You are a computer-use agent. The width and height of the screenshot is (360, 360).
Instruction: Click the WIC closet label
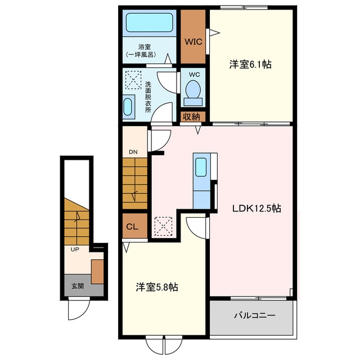pyautogui.click(x=193, y=42)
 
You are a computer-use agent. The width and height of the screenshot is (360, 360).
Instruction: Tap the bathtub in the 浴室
pyautogui.click(x=149, y=22)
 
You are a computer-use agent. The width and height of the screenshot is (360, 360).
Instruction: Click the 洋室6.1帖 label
pyautogui.click(x=250, y=64)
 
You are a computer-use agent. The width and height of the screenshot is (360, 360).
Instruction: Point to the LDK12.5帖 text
pyautogui.click(x=256, y=208)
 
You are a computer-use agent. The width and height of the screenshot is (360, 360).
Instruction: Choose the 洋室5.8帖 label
pyautogui.click(x=157, y=287)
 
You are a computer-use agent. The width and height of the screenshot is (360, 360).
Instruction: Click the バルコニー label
pyautogui.click(x=255, y=316)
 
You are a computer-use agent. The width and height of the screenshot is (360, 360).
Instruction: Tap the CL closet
pyautogui.click(x=135, y=226)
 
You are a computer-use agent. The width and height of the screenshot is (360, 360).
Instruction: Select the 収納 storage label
pyautogui.click(x=191, y=117)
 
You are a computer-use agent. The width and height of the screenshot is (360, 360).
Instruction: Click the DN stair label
pyautogui.click(x=133, y=152)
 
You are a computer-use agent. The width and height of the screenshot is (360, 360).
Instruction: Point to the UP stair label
pyautogui.click(x=75, y=249)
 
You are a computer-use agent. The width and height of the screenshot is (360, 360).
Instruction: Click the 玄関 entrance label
pyautogui.click(x=78, y=286)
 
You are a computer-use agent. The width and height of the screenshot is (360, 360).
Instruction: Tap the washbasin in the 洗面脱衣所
pyautogui.click(x=128, y=107)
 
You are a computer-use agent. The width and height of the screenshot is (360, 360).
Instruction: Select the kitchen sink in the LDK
pyautogui.click(x=201, y=167)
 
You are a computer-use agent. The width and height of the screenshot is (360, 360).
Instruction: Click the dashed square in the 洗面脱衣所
pyautogui.click(x=133, y=80)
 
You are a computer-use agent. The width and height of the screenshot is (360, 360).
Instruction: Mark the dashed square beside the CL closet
pyautogui.click(x=163, y=226)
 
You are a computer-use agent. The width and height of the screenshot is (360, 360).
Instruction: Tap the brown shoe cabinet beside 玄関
pyautogui.click(x=97, y=272)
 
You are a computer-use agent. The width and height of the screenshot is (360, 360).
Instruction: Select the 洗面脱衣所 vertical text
pyautogui.click(x=148, y=97)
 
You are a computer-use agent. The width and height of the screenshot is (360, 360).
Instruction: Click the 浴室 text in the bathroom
pyautogui.click(x=145, y=47)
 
